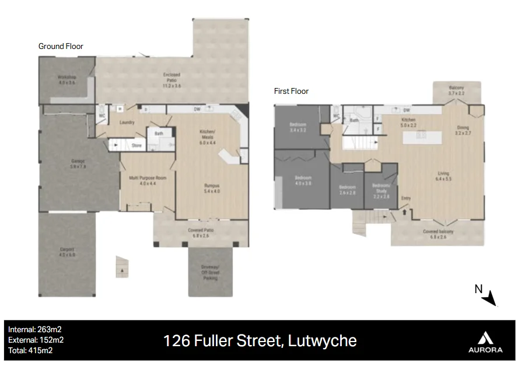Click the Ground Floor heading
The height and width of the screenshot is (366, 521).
click(61, 46)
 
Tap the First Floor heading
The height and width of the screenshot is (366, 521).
click(291, 91)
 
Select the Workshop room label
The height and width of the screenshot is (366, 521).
click(67, 80)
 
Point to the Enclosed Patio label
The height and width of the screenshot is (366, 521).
click(172, 78)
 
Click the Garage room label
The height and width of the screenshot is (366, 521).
click(78, 164)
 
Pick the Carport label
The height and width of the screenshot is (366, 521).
click(67, 252)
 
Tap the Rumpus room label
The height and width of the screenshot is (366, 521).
click(211, 188)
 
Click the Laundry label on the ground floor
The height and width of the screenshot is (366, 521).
click(127, 122)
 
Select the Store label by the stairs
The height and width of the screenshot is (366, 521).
click(137, 145)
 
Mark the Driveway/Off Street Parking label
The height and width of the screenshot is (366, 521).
click(211, 272)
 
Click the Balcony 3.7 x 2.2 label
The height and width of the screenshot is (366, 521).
click(456, 90)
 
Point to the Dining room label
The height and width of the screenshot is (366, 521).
click(463, 130)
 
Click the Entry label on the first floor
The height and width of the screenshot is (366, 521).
click(406, 198)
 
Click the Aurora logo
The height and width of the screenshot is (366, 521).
click(485, 342)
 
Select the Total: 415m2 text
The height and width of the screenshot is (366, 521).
click(30, 350)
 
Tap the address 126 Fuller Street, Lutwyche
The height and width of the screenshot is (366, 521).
click(260, 340)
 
